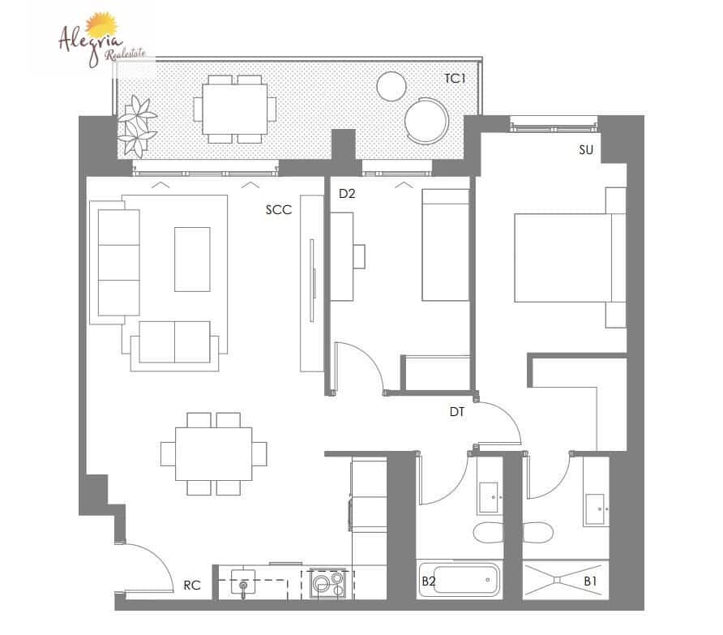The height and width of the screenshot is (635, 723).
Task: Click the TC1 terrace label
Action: click(x=455, y=79)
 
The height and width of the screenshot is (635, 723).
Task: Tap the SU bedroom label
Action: click(x=586, y=150)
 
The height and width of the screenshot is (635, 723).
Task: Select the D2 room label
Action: click(x=348, y=194)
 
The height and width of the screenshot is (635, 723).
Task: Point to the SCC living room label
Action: click(x=278, y=209)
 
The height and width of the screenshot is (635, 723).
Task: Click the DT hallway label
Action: click(x=457, y=412)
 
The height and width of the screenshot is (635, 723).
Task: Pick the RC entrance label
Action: click(x=192, y=585)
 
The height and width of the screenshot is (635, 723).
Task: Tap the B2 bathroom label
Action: click(x=429, y=581)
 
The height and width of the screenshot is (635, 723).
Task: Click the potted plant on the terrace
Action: click(x=136, y=126)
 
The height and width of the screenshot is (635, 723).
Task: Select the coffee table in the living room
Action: click(x=192, y=259)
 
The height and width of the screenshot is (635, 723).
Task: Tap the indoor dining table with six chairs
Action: click(x=214, y=453)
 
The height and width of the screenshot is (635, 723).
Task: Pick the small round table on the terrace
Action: click(x=392, y=85)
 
